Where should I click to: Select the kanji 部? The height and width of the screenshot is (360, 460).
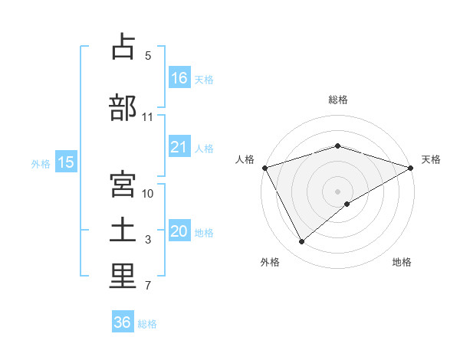pyautogui.click(x=123, y=106)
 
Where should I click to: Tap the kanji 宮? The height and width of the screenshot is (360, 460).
pyautogui.click(x=123, y=184)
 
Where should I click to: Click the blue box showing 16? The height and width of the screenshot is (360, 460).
pyautogui.click(x=179, y=78)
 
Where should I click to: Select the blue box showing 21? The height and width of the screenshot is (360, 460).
pyautogui.click(x=179, y=147)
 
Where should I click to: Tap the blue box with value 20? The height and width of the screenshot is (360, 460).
pyautogui.click(x=179, y=231)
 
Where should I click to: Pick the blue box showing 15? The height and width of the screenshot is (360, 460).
pyautogui.click(x=66, y=162)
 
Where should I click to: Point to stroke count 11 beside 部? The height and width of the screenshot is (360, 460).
pyautogui.click(x=148, y=117)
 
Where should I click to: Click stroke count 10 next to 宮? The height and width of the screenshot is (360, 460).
pyautogui.click(x=148, y=194)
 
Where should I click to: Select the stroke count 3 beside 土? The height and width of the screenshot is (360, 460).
pyautogui.click(x=148, y=240)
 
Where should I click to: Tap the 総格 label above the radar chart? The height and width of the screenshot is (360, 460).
pyautogui.click(x=337, y=100)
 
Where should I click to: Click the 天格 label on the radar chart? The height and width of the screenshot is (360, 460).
pyautogui.click(x=431, y=159)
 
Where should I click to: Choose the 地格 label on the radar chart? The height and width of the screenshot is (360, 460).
pyautogui.click(x=402, y=263)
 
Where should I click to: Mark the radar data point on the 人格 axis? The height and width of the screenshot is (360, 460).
pyautogui.click(x=264, y=167)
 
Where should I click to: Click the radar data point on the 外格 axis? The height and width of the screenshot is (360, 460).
pyautogui.click(x=301, y=242)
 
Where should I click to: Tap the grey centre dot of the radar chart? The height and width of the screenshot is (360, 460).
pyautogui.click(x=337, y=191)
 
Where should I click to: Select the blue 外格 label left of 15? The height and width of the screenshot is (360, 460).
pyautogui.click(x=41, y=162)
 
